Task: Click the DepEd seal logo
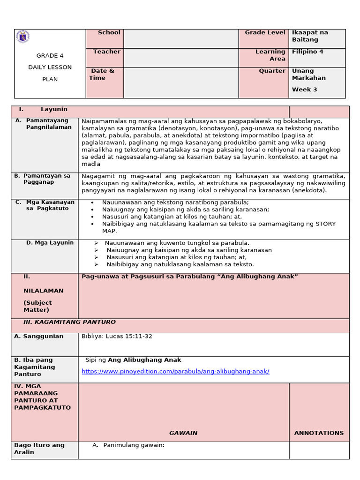(x=22, y=37)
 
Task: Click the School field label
(x=109, y=32)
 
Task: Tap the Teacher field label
(x=106, y=52)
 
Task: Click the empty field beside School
(x=181, y=38)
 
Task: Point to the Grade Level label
(x=265, y=32)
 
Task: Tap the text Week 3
(x=305, y=89)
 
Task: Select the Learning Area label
(x=270, y=55)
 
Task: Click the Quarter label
(x=272, y=71)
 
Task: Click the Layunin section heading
(x=54, y=109)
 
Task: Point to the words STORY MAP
(x=323, y=227)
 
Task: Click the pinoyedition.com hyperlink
(x=175, y=371)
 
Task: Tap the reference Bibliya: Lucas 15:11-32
(x=117, y=336)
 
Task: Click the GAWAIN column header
(x=183, y=433)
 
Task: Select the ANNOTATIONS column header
(x=319, y=433)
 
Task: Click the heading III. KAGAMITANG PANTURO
(x=69, y=322)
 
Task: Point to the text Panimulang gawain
(x=134, y=445)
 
